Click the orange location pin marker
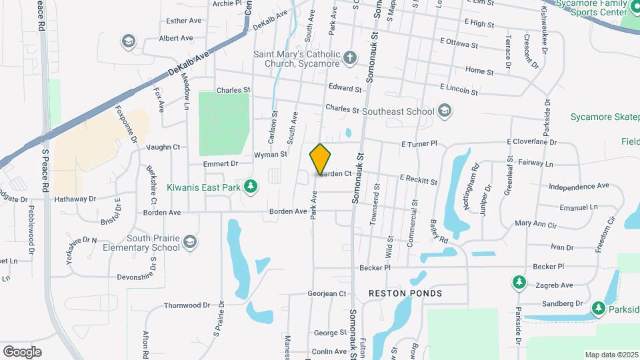pos(321,159)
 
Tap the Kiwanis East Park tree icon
pos(251,187)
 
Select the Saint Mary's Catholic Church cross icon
pos(350,58)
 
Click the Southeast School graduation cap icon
pos(445,111)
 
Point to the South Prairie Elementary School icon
pos(190,243)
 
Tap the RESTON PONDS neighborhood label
pos(405,293)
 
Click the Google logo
pos(22,351)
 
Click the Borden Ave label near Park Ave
pos(288,212)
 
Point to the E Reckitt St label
pos(418,181)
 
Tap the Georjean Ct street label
pos(327,293)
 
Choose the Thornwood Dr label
pos(187,305)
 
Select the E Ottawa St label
pos(459,46)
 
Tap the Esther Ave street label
pos(184,21)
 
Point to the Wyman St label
pos(270,155)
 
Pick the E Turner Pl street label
pos(419,143)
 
